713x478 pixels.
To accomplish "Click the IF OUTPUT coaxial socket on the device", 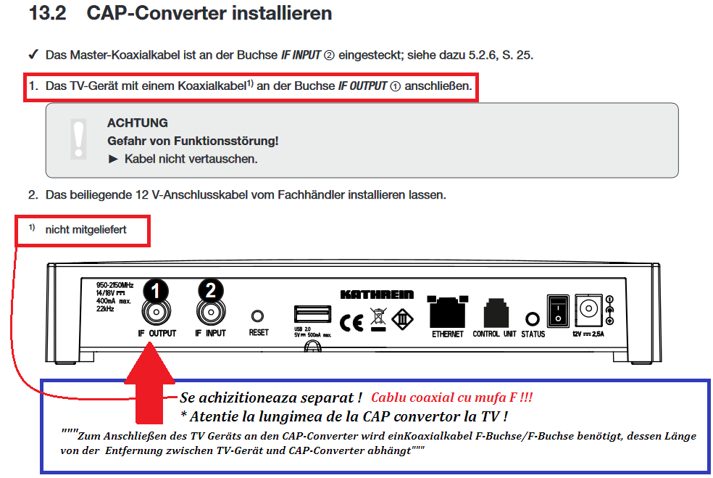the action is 156,312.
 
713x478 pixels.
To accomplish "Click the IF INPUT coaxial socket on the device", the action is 211,312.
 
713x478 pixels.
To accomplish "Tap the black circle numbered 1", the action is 156,290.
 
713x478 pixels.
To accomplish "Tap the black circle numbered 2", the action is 211,289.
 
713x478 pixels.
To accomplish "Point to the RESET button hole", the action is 257,316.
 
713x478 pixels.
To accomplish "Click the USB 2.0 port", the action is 312,315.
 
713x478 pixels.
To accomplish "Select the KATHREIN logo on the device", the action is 377,294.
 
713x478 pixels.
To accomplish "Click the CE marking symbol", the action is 351,323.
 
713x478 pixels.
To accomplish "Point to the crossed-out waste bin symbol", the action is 378,318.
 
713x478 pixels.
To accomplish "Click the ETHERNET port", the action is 448,312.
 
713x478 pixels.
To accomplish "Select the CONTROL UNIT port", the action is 496,313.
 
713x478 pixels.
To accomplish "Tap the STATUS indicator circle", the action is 533,319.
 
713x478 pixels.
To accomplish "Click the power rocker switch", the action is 558,310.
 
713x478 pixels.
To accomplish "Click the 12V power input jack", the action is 588,309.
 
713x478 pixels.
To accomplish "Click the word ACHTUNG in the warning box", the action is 138,123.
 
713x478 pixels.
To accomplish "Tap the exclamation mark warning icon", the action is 79,139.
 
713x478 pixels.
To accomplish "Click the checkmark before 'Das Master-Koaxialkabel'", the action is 33,54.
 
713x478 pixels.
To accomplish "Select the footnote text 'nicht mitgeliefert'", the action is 86,229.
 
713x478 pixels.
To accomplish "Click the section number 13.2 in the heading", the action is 47,13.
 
